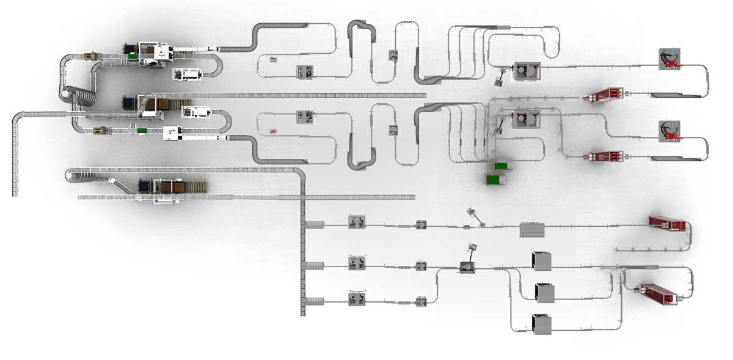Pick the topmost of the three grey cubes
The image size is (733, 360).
tap(541, 261)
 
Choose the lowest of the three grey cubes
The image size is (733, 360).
tap(541, 324)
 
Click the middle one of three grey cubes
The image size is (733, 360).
tap(544, 293)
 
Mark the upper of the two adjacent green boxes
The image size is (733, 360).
tap(501, 166)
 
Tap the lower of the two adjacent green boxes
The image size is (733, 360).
tap(494, 179)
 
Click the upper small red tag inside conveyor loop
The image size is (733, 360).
tap(272, 59)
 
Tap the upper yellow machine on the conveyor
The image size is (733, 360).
tap(89, 56)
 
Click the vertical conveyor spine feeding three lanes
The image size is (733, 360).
tap(302, 244)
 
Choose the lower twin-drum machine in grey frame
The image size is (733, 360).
tap(525, 119)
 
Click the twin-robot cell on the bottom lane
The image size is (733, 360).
tap(356, 299)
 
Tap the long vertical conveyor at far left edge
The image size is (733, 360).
tap(15, 159)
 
